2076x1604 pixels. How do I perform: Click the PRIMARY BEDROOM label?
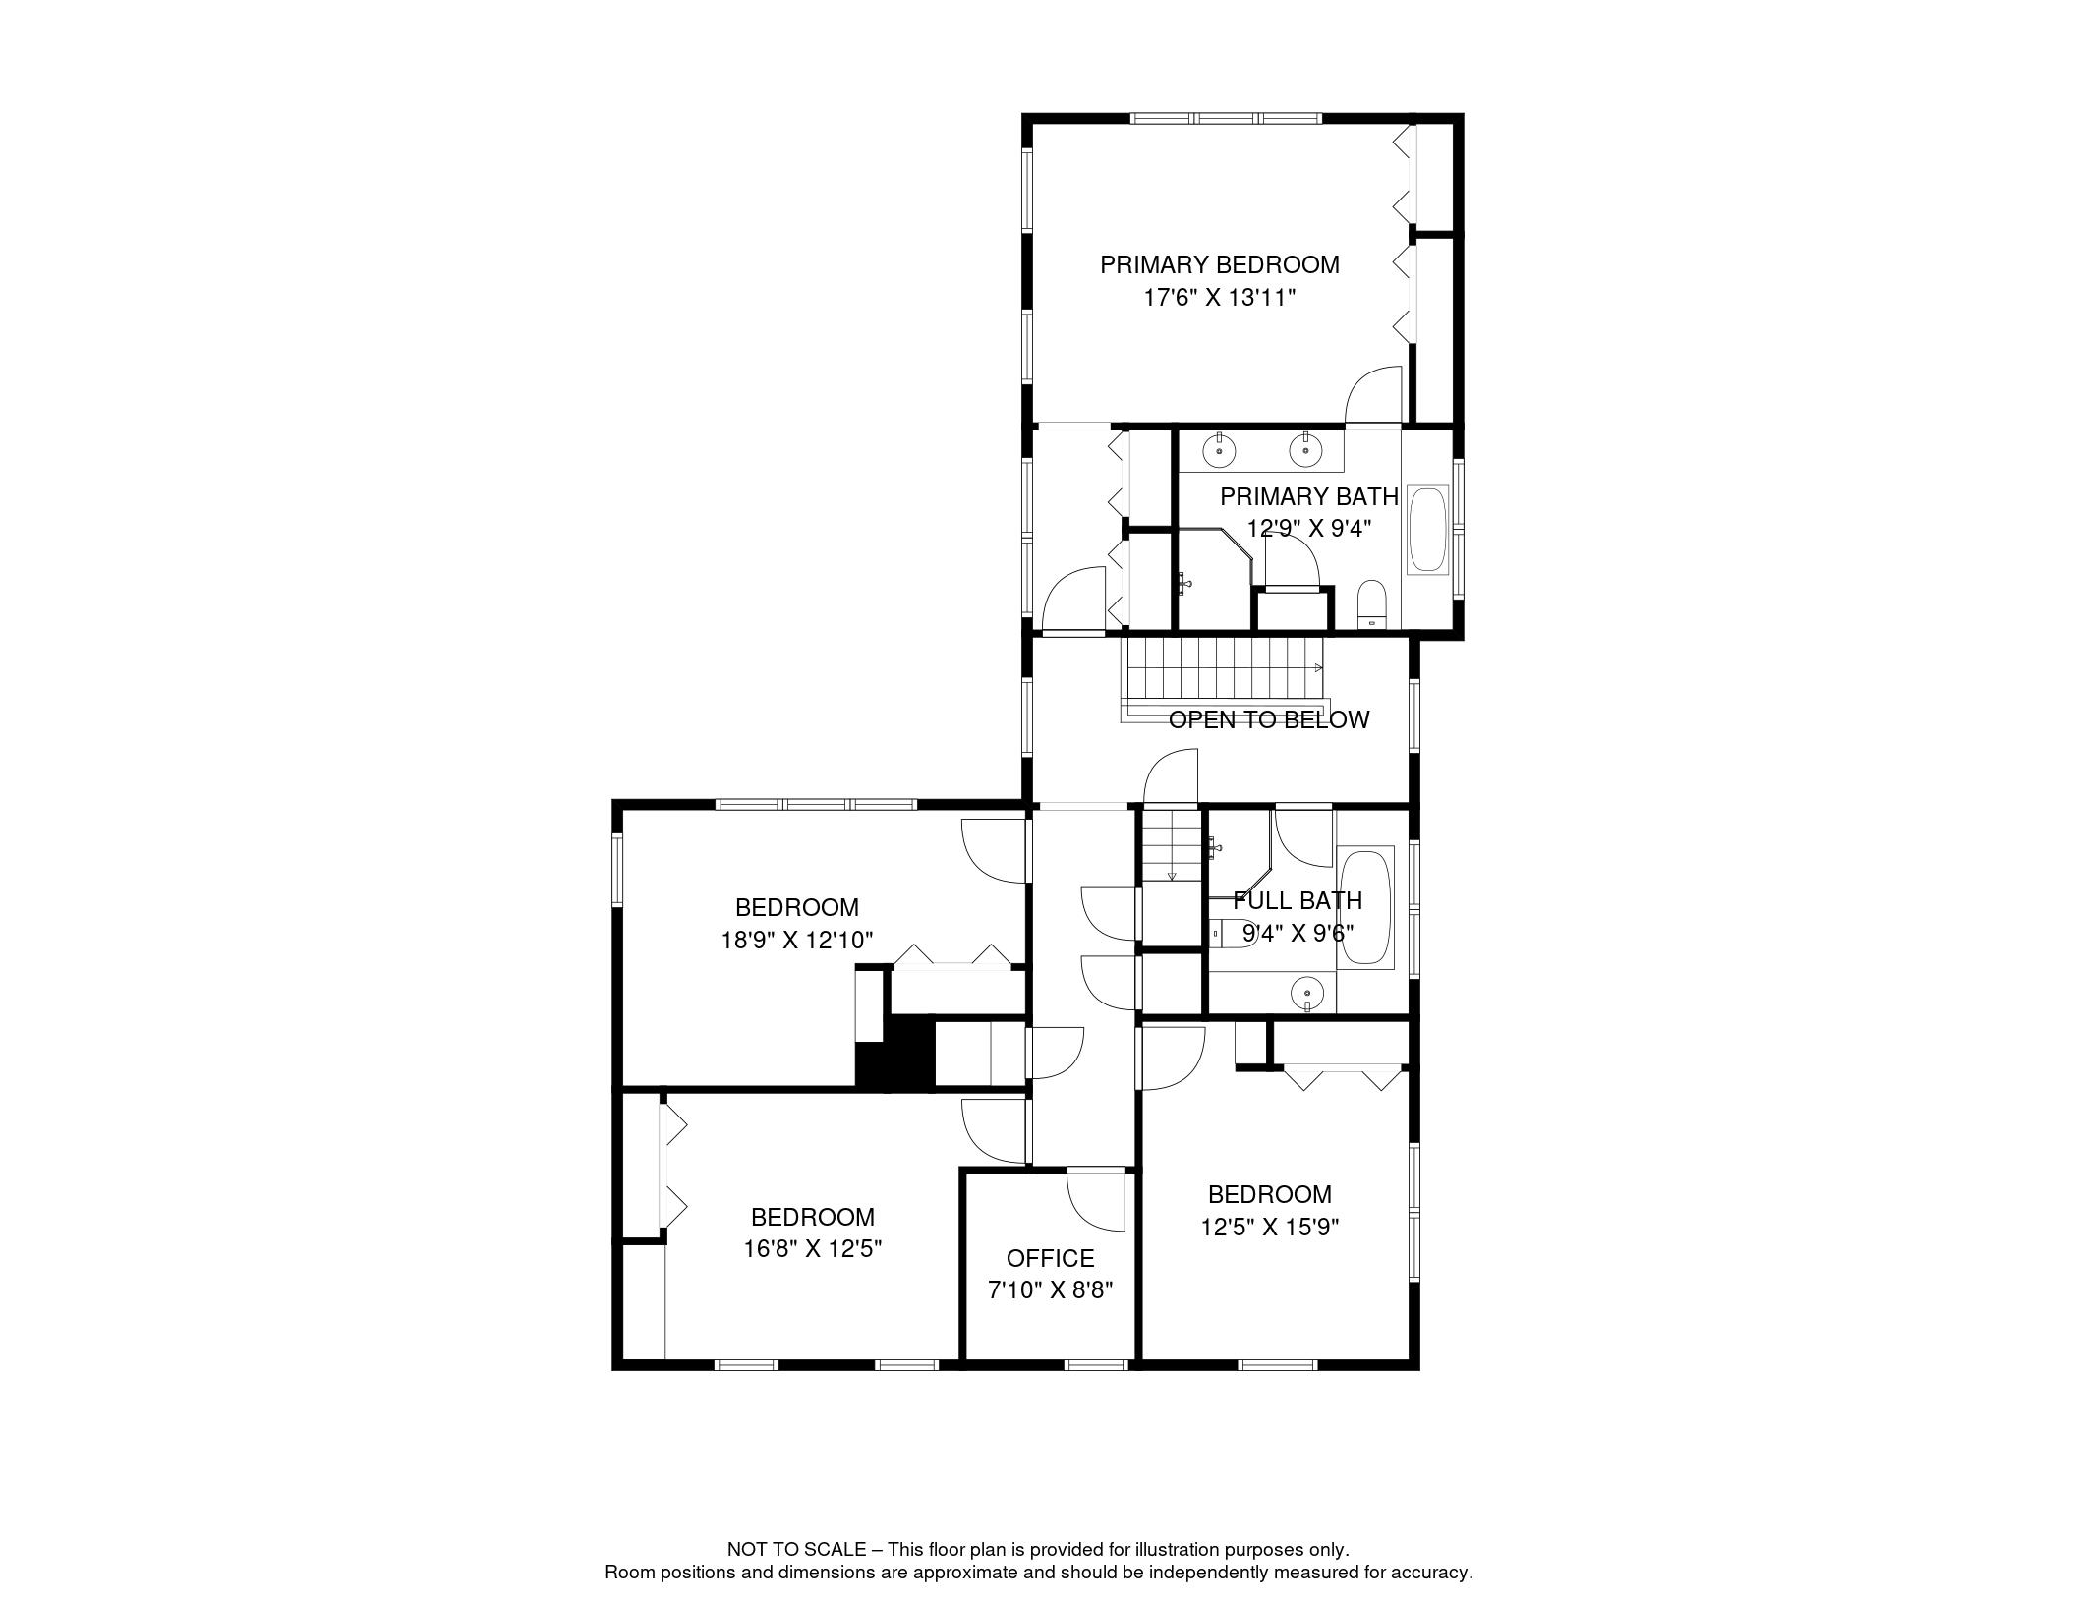point(1219,264)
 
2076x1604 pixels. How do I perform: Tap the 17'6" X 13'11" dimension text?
point(1220,298)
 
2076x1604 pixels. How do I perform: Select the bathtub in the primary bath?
point(1428,529)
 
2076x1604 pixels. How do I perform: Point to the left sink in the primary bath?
point(1220,451)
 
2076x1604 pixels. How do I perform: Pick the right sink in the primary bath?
point(1305,451)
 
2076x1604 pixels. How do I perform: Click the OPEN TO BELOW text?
point(1268,719)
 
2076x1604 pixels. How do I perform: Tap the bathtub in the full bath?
point(1366,908)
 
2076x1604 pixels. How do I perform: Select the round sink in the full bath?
point(1307,994)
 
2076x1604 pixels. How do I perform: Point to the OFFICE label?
point(1050,1258)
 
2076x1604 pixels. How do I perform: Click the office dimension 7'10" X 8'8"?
point(1050,1290)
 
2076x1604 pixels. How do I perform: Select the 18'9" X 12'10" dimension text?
point(797,941)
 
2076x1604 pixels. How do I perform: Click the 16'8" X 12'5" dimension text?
point(812,1249)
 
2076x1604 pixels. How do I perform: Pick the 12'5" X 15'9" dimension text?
point(1269,1227)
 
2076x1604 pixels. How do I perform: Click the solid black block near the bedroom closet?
point(895,1052)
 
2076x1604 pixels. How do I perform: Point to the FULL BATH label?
point(1297,900)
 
